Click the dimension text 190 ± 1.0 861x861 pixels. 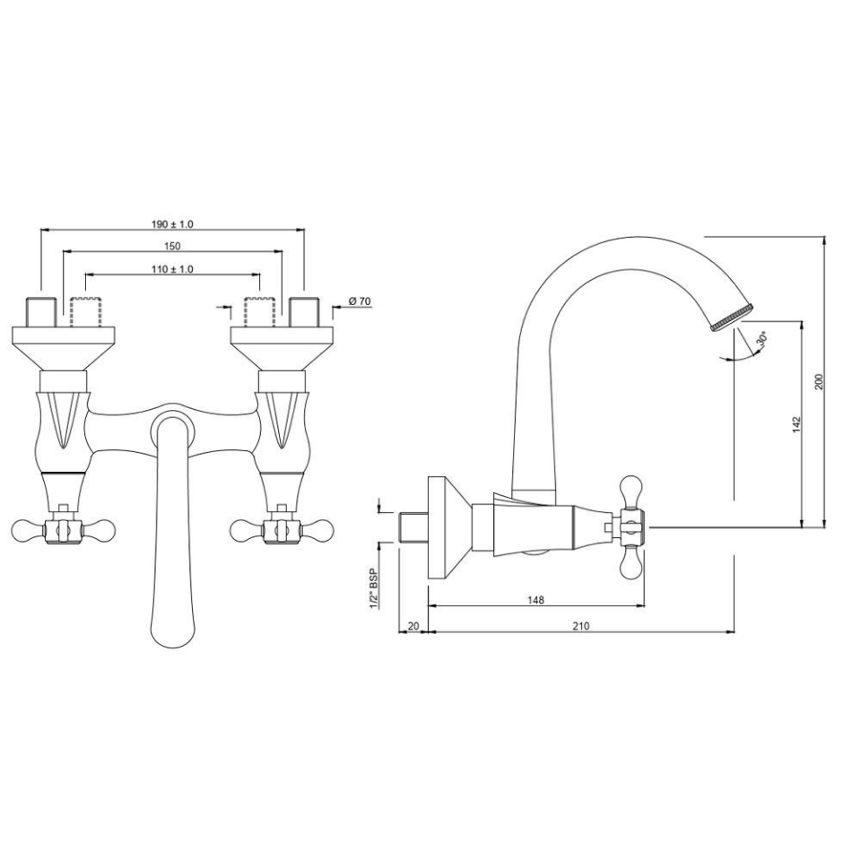[x=173, y=224]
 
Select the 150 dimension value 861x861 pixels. [x=173, y=247]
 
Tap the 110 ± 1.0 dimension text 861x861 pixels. [x=173, y=269]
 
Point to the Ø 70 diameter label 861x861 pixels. [x=359, y=301]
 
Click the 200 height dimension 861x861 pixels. [x=818, y=381]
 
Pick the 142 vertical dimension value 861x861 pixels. [x=796, y=423]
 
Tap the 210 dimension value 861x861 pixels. [x=580, y=626]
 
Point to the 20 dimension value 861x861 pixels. [x=413, y=626]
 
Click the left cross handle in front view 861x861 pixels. [x=62, y=531]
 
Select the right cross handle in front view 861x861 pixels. [x=281, y=531]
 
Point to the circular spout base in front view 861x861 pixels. [x=171, y=425]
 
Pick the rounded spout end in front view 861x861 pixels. [x=171, y=628]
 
